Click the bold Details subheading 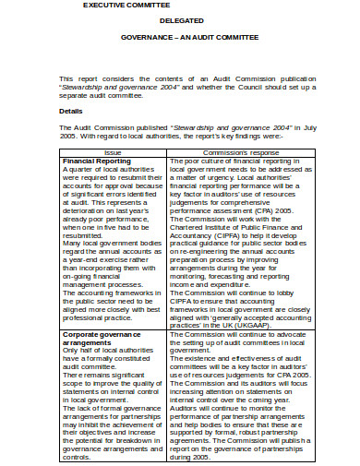pyautogui.click(x=71, y=112)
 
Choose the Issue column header pyautogui.click(x=113, y=152)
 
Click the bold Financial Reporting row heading pyautogui.click(x=97, y=161)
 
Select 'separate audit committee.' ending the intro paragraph pyautogui.click(x=102, y=94)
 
